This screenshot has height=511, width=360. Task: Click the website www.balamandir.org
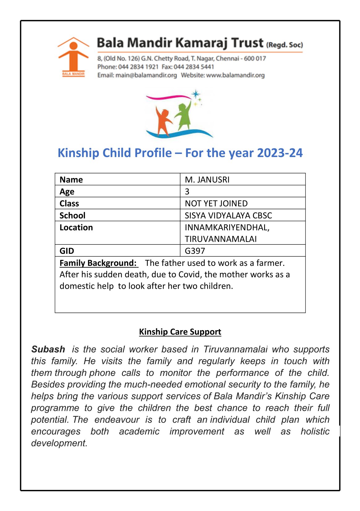[x=235, y=75]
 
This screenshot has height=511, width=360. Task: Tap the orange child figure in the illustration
[x=163, y=121]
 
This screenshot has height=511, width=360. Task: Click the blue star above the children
[x=196, y=94]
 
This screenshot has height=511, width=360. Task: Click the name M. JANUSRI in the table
[x=207, y=180]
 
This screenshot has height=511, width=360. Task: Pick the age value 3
[x=187, y=192]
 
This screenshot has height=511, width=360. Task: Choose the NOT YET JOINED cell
[x=216, y=203]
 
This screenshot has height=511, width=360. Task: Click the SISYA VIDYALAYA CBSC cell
[x=228, y=215]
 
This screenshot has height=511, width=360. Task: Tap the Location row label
[x=76, y=228]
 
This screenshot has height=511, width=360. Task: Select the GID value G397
[x=195, y=251]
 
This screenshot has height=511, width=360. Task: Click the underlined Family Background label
[x=98, y=263]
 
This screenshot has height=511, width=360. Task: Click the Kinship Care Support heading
[x=180, y=332]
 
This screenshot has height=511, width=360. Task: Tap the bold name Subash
[x=48, y=349]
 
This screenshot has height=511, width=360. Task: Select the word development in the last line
[x=59, y=443]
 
